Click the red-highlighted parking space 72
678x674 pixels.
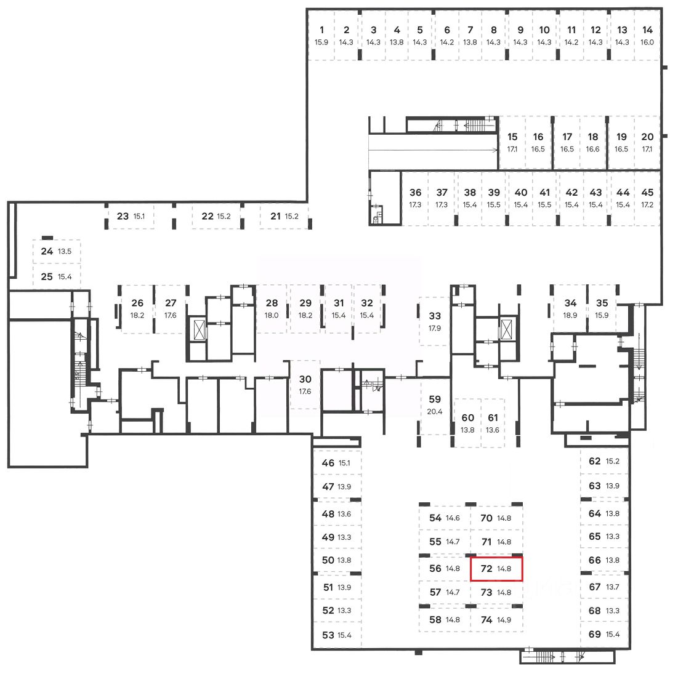496,569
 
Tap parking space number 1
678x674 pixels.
321,30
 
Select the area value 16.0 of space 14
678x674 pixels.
647,42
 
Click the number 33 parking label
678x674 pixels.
435,316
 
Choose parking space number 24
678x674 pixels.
47,251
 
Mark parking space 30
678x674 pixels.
305,379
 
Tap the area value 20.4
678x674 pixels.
435,412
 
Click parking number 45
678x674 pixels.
647,193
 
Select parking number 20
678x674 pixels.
647,137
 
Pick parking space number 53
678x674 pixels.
328,635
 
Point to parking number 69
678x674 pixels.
594,634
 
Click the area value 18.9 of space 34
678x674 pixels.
570,315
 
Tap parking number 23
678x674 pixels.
123,216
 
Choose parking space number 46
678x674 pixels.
328,463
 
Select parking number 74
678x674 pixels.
486,620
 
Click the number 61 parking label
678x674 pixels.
493,418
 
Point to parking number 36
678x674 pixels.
416,193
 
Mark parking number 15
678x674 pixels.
512,137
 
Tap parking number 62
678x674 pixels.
594,461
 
